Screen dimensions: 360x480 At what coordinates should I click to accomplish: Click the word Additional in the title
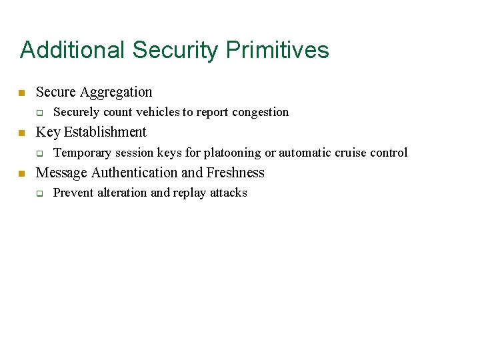click(x=73, y=50)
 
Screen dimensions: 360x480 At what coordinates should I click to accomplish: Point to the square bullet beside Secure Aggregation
click(x=21, y=93)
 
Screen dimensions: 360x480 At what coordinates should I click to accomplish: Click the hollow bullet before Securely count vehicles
click(x=39, y=113)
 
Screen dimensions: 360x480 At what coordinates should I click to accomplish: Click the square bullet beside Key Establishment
click(x=21, y=133)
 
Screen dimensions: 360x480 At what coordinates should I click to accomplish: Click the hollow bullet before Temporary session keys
click(x=39, y=153)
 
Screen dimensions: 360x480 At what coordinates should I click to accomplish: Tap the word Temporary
click(x=81, y=153)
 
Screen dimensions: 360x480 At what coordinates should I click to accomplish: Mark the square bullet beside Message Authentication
click(x=21, y=173)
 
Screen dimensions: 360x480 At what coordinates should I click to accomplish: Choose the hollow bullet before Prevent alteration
click(x=39, y=193)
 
